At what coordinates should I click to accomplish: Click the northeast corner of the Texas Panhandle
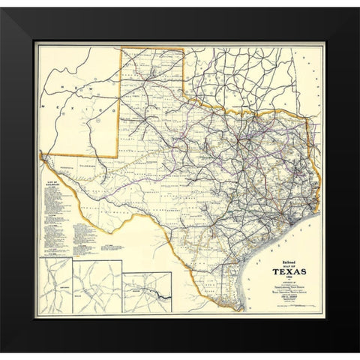point(184,51)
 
